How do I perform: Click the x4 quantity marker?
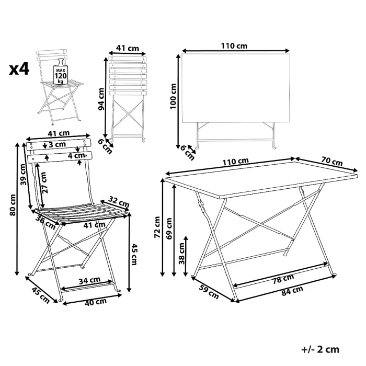pos(19,69)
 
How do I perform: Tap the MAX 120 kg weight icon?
pos(61,72)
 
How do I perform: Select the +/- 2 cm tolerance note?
pos(320,350)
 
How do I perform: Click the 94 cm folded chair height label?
pos(101,99)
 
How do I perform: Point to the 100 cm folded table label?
pos(173,96)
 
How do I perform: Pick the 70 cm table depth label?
pos(332,161)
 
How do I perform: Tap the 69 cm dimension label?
pos(169,228)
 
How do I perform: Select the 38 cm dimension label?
pos(181,254)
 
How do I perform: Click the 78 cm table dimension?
pos(283,279)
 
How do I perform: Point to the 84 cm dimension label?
pos(292,291)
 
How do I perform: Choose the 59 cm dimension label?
pos(209,292)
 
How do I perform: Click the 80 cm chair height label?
pos(13,205)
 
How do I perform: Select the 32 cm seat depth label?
pos(119,202)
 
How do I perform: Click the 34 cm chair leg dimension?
pos(89,281)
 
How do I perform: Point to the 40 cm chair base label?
pos(96,302)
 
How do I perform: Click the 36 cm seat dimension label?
pos(45,223)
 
